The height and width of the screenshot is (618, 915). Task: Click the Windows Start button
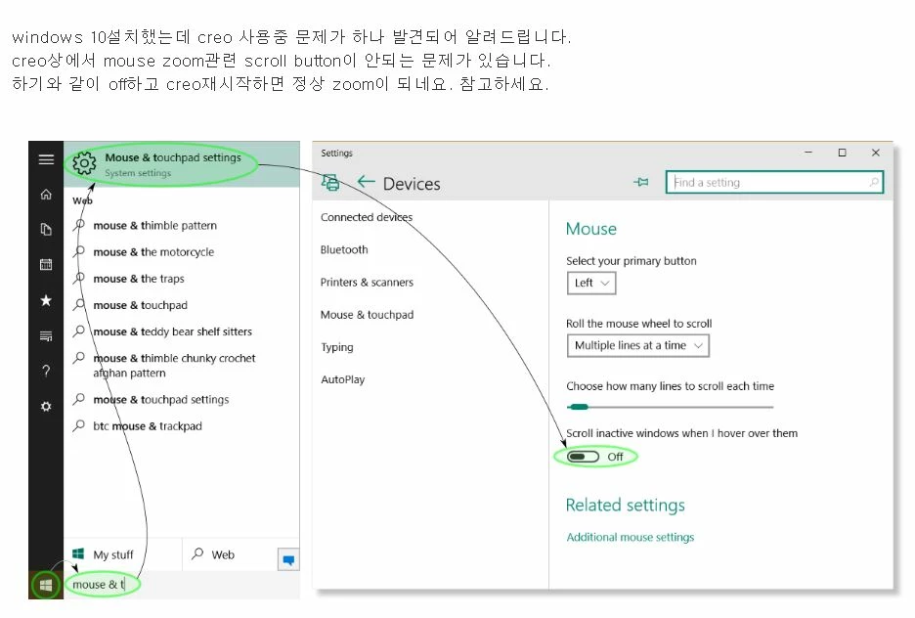click(46, 585)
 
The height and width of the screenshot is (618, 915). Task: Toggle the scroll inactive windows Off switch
click(583, 457)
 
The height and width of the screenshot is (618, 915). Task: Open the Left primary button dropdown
click(591, 283)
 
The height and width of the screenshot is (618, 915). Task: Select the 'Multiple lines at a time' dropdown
click(637, 345)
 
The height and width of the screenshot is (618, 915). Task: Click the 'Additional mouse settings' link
click(631, 537)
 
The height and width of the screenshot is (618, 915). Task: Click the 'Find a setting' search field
click(774, 182)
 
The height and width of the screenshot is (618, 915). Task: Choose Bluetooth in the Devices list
click(344, 249)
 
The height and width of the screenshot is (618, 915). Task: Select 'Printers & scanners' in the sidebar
click(367, 283)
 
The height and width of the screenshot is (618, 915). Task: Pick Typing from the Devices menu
click(336, 347)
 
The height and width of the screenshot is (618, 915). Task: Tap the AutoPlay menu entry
click(342, 379)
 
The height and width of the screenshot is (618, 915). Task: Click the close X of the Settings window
click(875, 153)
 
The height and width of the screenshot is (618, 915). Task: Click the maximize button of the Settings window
click(842, 153)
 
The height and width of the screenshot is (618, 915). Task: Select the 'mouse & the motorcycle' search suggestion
click(153, 252)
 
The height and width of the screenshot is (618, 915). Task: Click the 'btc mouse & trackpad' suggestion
click(147, 426)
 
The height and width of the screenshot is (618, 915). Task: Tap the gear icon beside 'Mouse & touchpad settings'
click(84, 163)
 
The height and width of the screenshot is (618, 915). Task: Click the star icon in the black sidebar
click(46, 300)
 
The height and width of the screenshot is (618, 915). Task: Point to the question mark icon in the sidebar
click(46, 371)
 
